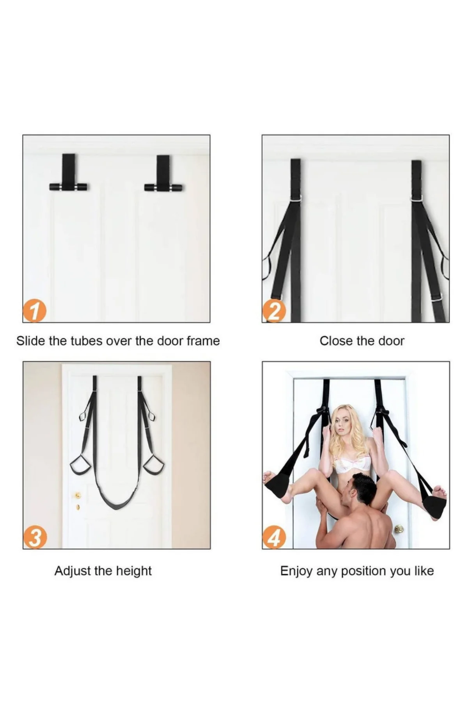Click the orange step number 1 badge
[35, 311]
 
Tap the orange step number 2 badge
[274, 311]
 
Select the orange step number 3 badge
[35, 537]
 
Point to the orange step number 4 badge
[274, 537]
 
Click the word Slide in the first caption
[31, 341]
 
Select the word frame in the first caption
[203, 341]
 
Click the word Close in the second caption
[334, 341]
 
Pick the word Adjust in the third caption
[71, 571]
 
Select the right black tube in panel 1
[164, 187]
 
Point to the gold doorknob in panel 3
[78, 495]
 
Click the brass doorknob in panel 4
[398, 529]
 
